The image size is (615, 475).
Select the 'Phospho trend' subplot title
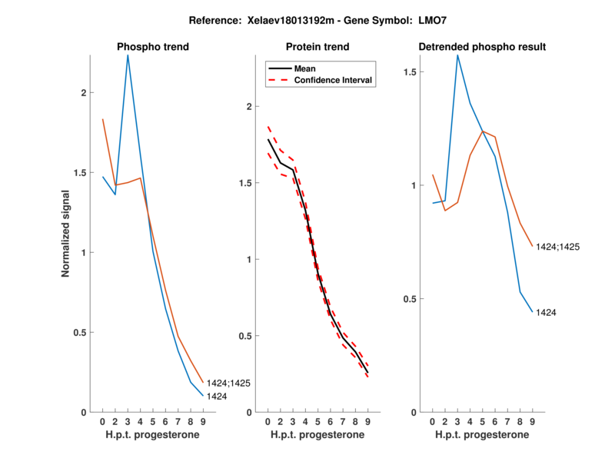click(x=153, y=47)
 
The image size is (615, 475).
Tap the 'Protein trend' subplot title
click(x=317, y=47)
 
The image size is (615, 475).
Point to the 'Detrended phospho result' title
click(x=482, y=47)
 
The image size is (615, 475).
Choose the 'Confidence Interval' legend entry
click(x=334, y=80)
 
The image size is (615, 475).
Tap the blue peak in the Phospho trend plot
click(x=128, y=55)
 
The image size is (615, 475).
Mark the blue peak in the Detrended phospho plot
click(x=457, y=55)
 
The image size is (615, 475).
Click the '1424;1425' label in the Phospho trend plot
click(x=228, y=383)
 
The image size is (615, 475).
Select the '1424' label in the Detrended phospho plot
click(x=547, y=313)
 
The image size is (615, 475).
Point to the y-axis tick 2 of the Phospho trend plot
click(x=83, y=93)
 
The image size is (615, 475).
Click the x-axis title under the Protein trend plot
click(x=317, y=435)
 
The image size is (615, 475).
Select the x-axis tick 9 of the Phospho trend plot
click(x=203, y=421)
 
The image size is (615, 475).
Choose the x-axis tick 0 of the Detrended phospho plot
click(x=433, y=421)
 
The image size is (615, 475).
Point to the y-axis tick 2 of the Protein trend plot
click(x=249, y=107)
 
